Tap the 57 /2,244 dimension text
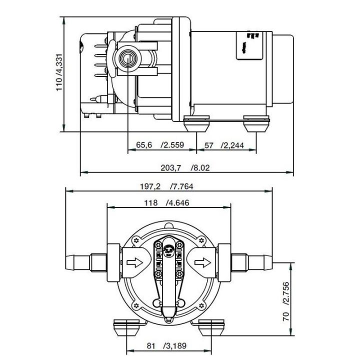click(224, 145)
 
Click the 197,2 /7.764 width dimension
click(167, 186)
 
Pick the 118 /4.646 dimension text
click(167, 203)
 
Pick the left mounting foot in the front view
click(127, 329)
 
